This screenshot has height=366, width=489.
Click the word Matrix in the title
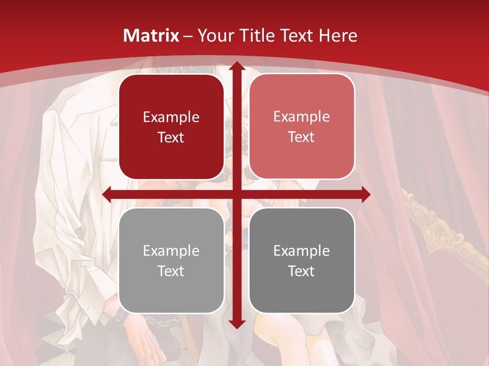point(151,36)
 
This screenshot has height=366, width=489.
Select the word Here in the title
point(338,36)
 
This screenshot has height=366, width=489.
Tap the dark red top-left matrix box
point(171,127)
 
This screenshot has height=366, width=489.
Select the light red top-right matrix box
point(302,127)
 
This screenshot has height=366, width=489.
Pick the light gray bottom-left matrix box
point(171,260)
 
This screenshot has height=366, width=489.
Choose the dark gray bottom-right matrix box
point(302,260)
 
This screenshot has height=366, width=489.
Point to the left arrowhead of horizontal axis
point(107,195)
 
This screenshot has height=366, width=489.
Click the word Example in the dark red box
point(171,117)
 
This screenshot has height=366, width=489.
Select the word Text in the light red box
point(302,137)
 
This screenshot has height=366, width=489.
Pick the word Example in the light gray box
point(171,251)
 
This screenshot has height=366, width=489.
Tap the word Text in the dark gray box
point(302,271)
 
